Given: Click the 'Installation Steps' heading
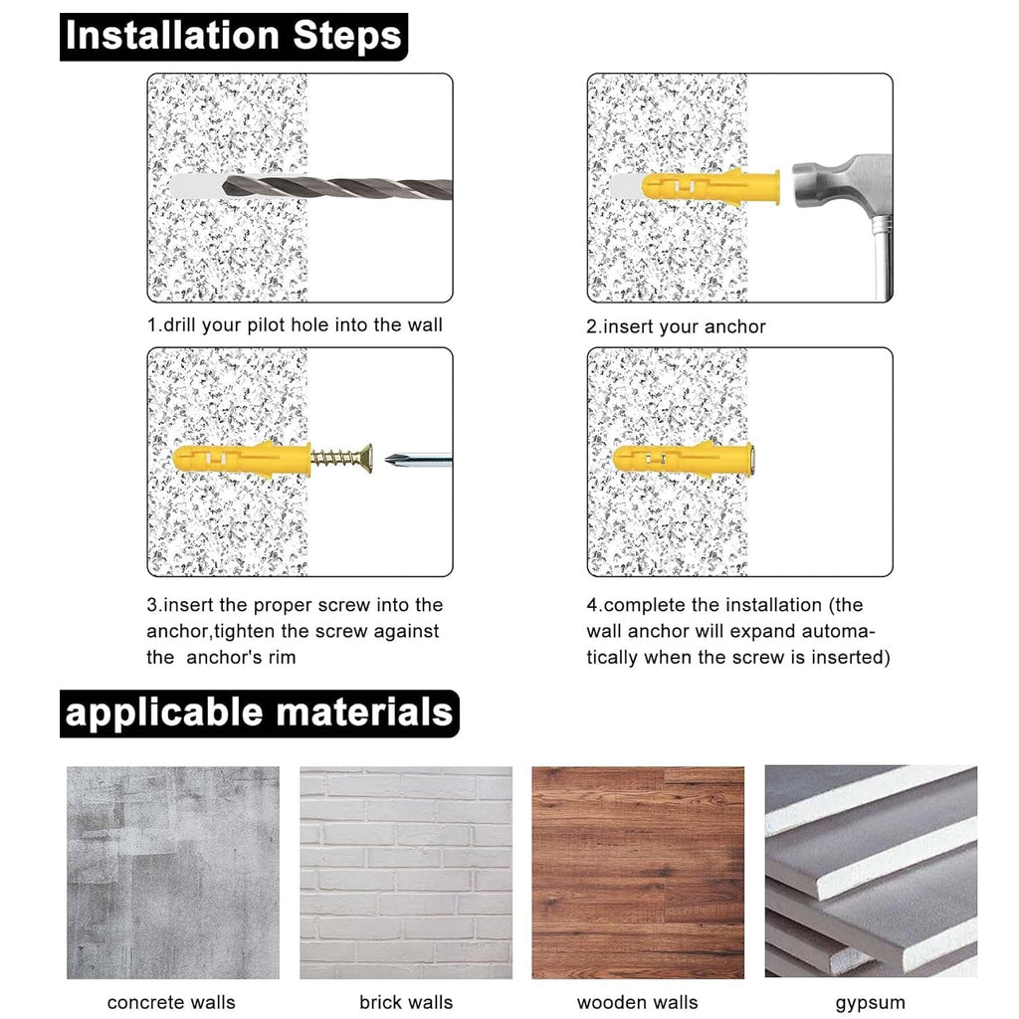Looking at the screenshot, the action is click(233, 37).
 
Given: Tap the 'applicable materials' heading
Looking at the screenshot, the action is click(260, 713).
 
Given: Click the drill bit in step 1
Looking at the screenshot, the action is click(336, 187).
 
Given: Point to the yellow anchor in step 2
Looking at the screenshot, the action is click(711, 186).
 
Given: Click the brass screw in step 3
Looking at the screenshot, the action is click(342, 459).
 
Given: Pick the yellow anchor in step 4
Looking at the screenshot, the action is click(683, 460).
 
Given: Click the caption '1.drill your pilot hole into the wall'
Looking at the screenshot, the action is click(295, 325).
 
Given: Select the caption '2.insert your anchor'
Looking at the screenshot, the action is click(676, 326).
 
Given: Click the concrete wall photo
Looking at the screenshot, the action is click(173, 872).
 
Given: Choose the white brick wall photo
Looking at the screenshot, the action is click(406, 872).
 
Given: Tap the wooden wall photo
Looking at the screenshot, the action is click(638, 872).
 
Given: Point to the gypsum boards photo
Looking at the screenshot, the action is click(871, 872).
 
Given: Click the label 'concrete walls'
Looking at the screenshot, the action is click(171, 1002).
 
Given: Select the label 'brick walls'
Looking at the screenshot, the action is click(406, 1002).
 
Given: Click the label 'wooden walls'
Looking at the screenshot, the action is click(638, 1002).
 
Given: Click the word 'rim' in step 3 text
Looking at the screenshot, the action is click(282, 658).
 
